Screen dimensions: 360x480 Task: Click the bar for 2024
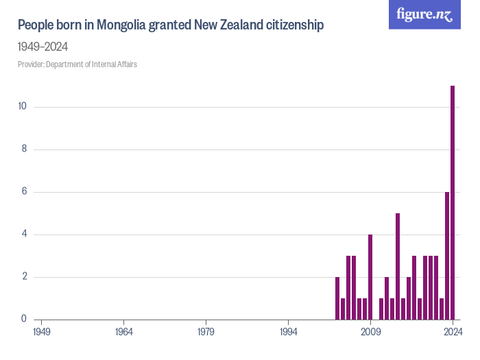453,202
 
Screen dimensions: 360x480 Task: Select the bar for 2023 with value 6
447,256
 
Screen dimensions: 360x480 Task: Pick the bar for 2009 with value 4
370,277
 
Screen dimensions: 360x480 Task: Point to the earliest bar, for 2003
337,298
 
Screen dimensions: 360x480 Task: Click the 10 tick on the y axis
22,106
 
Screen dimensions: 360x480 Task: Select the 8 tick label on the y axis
23,149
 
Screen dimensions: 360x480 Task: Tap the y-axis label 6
23,192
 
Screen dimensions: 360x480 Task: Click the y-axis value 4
23,235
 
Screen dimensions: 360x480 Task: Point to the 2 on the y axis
23,277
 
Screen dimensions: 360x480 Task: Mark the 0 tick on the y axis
23,319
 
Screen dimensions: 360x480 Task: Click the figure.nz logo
424,15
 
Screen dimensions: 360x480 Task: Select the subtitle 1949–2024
43,47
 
